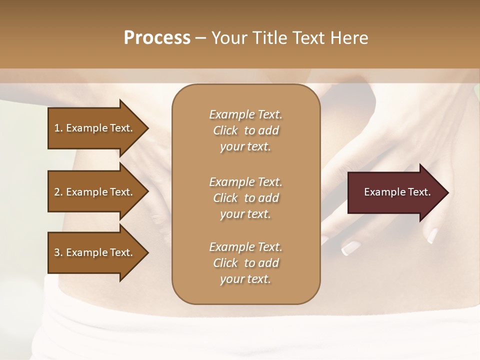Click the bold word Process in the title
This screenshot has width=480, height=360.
(157, 37)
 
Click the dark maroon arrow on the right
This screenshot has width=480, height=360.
(395, 192)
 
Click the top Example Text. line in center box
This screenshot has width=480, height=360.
(245, 114)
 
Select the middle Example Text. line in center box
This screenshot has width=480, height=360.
(245, 181)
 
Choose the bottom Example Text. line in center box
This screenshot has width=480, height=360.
(245, 247)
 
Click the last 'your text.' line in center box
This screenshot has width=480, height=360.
(245, 279)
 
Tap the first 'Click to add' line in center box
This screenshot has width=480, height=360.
(245, 131)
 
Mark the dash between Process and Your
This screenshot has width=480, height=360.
(201, 38)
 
